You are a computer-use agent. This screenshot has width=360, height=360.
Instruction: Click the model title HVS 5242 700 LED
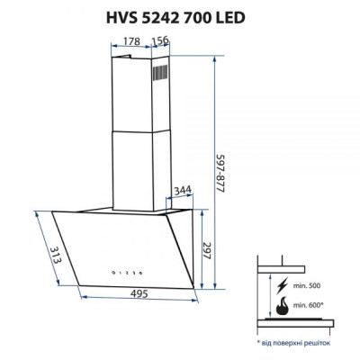(179, 16)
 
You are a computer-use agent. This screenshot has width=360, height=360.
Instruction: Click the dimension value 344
(182, 191)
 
